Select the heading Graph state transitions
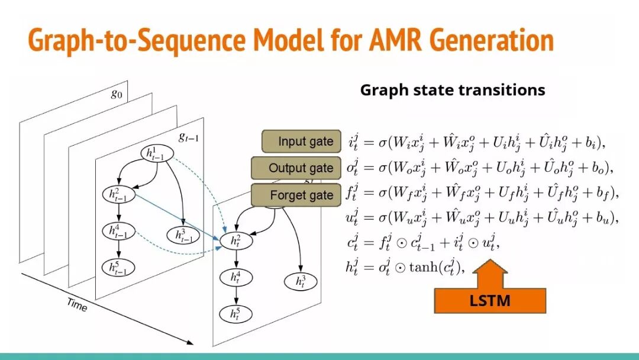coord(452,90)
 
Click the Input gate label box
coord(302,142)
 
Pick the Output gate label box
coord(297,168)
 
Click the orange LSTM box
coord(489,301)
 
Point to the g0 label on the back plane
coord(117,94)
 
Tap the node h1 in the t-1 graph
coord(156,154)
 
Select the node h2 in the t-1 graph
coord(119,193)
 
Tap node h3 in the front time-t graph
coord(302,281)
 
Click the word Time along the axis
coord(77,304)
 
